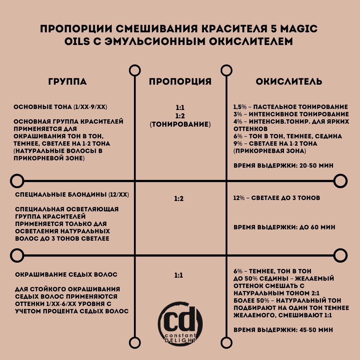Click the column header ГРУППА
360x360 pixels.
coord(67,82)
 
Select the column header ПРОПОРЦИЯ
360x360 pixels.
coord(180,82)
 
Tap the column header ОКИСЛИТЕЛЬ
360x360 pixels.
coord(289,82)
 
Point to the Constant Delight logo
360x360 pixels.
coord(180,322)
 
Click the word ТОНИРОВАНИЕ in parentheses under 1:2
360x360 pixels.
coord(180,125)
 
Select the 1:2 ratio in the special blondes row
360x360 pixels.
coord(179,199)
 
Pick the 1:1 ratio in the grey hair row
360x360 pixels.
coord(179,276)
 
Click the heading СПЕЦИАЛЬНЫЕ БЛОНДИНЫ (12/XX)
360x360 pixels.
coord(72,195)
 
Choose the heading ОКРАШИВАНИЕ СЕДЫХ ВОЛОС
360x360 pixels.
coord(66,275)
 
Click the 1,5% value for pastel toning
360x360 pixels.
coord(241,107)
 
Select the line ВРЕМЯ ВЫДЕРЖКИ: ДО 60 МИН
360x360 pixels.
coord(284,227)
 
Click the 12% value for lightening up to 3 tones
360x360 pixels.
coord(239,198)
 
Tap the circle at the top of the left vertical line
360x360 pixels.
coord(135,71)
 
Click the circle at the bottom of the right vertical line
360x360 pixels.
coord(226,342)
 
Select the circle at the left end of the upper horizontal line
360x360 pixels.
coord(17,181)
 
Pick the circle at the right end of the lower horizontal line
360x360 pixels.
coord(340,255)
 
